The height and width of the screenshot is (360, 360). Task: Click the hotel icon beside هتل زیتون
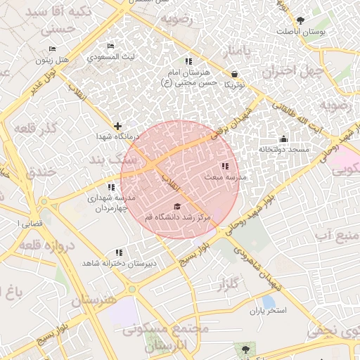point(53,49)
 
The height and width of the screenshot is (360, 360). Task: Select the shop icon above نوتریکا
point(234,74)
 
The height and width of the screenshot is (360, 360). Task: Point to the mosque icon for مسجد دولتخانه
point(283,139)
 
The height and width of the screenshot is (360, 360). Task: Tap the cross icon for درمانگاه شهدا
point(117,126)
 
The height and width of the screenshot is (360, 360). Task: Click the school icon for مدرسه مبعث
point(224,167)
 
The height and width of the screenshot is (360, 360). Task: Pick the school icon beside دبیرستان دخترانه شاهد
point(119,252)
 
